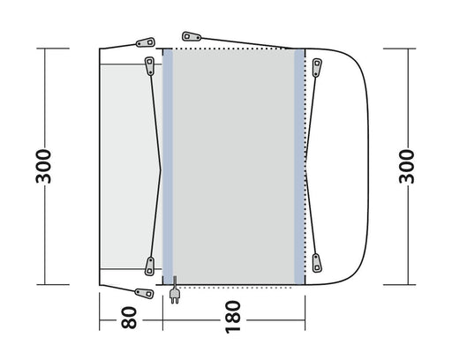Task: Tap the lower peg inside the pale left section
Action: pos(149,261)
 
